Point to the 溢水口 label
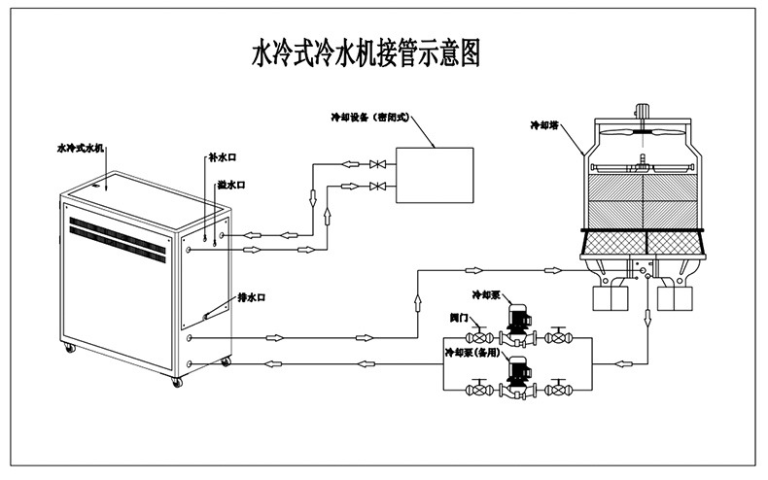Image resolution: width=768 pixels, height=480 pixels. (x=230, y=185)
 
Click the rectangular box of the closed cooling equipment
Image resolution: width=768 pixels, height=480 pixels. (x=435, y=174)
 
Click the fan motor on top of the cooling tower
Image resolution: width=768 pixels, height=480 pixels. (x=642, y=111)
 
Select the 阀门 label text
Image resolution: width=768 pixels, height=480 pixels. (x=462, y=317)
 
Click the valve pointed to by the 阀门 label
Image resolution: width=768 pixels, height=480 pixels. (x=479, y=338)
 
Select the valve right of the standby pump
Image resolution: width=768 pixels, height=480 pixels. (x=558, y=390)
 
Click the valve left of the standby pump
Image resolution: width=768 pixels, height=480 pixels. (x=479, y=390)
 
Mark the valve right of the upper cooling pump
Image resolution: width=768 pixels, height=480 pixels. (x=558, y=338)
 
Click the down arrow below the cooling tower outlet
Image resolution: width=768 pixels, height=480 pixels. (x=647, y=318)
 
